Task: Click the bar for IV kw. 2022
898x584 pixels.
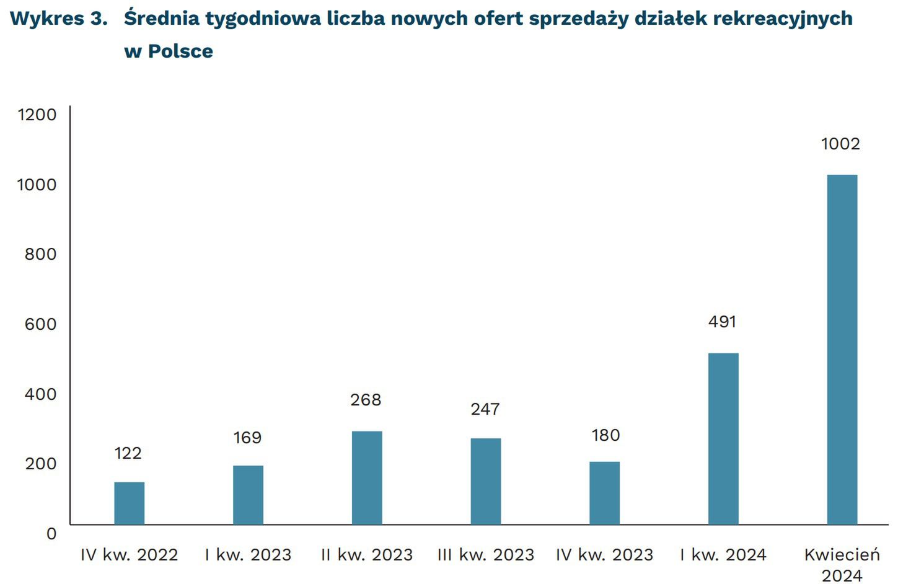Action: coord(129,503)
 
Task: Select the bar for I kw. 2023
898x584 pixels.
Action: coord(248,495)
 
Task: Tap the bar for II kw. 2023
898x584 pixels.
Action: coord(367,478)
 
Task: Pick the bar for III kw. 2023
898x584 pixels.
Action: coord(485,482)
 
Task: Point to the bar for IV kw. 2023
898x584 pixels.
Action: coord(604,493)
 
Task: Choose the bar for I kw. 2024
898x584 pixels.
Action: coord(723,439)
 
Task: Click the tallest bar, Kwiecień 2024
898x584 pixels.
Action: coord(842,350)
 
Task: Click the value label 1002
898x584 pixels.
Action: coord(840,144)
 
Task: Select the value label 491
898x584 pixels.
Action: coord(722,322)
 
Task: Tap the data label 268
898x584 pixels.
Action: coord(366,400)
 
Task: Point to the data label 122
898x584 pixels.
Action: coord(128,453)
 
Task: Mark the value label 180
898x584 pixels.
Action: coord(605,435)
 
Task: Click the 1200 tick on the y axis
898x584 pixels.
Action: coord(37,115)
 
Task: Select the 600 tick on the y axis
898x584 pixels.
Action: coord(40,324)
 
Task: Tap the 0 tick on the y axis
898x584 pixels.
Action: coord(51,533)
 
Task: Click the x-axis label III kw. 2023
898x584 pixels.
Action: coord(485,554)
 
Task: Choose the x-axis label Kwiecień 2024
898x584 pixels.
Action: coord(842,564)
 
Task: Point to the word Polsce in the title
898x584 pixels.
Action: coord(180,51)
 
